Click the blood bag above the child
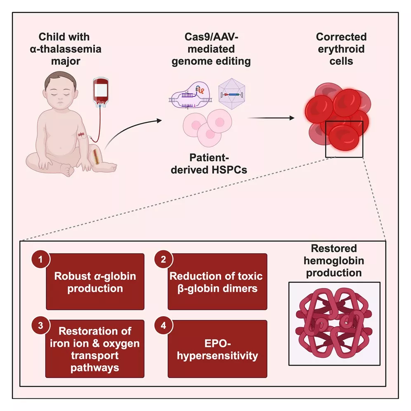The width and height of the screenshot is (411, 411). tap(99, 91)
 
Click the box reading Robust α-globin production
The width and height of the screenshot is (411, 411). tap(95, 282)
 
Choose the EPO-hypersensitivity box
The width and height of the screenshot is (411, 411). tap(217, 349)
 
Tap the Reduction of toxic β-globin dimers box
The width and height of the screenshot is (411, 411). tap(217, 282)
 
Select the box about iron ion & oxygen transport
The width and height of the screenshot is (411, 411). tap(95, 349)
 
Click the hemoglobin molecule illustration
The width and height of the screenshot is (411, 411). tap(334, 324)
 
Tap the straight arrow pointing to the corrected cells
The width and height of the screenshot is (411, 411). tap(271, 118)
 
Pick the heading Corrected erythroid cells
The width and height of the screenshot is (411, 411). tap(341, 49)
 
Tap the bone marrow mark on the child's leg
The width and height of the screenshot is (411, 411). tap(97, 157)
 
